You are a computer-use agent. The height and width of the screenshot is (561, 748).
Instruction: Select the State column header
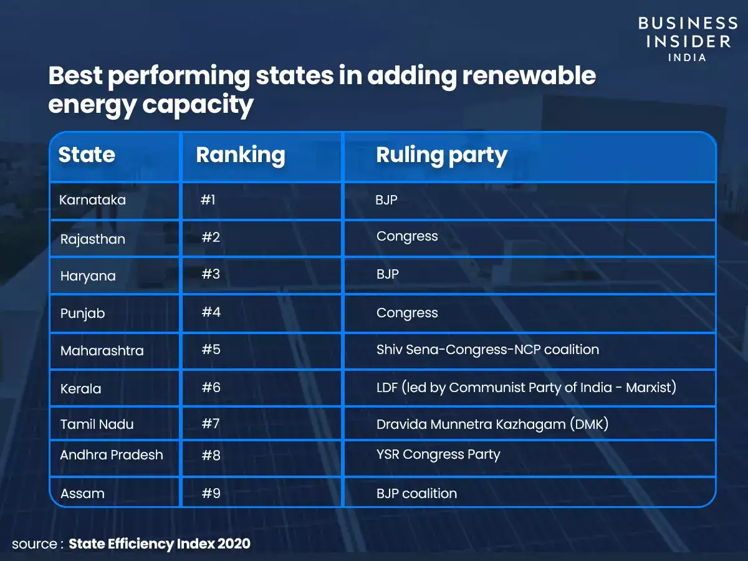click(x=87, y=155)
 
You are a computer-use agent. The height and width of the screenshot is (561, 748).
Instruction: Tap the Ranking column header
click(x=240, y=155)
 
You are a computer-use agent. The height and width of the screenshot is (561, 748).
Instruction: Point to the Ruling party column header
click(x=441, y=155)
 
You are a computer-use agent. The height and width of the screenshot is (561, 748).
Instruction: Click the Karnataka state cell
click(x=92, y=200)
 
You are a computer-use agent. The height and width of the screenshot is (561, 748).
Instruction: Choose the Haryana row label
click(x=88, y=276)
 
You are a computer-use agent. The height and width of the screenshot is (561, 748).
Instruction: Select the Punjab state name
click(x=82, y=314)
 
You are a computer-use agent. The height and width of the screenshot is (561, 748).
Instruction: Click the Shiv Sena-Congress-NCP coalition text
click(x=487, y=350)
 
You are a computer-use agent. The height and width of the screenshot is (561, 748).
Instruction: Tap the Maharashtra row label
click(x=102, y=351)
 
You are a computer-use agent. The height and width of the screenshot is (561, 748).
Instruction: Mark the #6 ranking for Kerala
click(x=211, y=388)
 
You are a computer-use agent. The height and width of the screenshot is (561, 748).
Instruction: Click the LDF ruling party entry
click(x=526, y=388)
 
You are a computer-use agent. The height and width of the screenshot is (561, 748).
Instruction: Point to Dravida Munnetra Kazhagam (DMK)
click(x=492, y=424)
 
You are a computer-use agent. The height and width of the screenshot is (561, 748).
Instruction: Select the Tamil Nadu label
click(x=97, y=424)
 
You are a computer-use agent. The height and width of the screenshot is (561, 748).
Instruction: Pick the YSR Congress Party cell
click(x=438, y=454)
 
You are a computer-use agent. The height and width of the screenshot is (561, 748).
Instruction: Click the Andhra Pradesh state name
click(x=112, y=455)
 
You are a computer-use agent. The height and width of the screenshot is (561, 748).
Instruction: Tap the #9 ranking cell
click(x=211, y=493)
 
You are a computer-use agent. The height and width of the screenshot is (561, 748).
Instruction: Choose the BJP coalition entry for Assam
click(x=416, y=494)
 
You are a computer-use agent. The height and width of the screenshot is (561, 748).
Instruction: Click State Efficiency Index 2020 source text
click(x=160, y=544)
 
